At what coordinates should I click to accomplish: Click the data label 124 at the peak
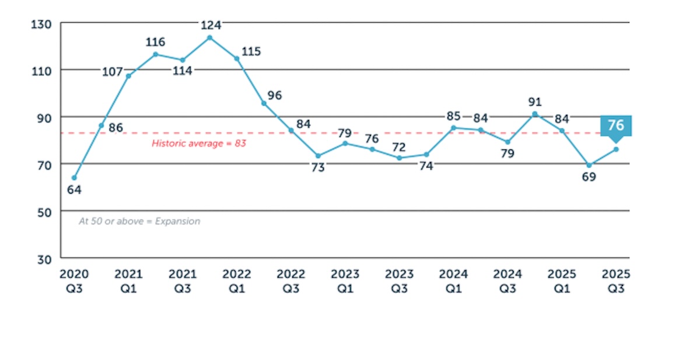210,25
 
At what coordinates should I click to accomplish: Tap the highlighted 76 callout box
616,126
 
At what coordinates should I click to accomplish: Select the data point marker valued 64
74,177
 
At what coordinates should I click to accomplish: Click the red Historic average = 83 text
199,143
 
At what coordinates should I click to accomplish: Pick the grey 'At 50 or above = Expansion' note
139,221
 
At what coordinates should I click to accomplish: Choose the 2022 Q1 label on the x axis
236,281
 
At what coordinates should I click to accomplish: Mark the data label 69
589,177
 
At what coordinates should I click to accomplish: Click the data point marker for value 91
535,114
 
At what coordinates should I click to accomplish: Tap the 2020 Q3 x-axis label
74,281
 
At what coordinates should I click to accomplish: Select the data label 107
113,72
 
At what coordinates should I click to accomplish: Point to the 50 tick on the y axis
44,211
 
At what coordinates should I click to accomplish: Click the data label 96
275,95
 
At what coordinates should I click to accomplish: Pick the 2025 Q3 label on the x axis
616,281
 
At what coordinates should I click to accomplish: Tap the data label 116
155,42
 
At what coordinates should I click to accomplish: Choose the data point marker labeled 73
318,156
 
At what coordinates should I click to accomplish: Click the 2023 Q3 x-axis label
399,281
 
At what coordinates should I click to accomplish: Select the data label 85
453,116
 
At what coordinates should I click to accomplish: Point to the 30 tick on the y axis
44,258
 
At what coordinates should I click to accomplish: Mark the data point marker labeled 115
237,58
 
